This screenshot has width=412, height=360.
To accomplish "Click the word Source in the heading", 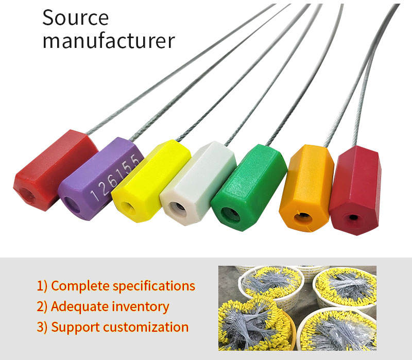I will tap(75, 18).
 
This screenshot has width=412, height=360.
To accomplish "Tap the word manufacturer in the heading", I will tap(108, 41).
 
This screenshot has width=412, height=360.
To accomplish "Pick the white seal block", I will tap(198, 183).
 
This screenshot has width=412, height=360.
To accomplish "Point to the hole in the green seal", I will tap(230, 214).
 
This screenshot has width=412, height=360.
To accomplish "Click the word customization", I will tap(148, 327).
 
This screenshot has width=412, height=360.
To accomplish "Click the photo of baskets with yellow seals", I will tap(297, 307).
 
